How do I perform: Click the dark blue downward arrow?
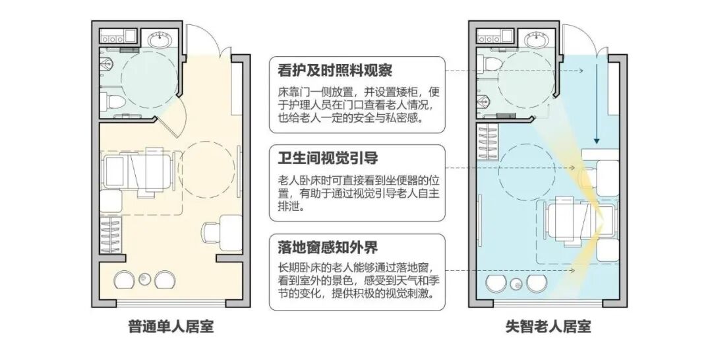597,99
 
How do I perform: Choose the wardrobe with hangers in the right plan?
489,142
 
